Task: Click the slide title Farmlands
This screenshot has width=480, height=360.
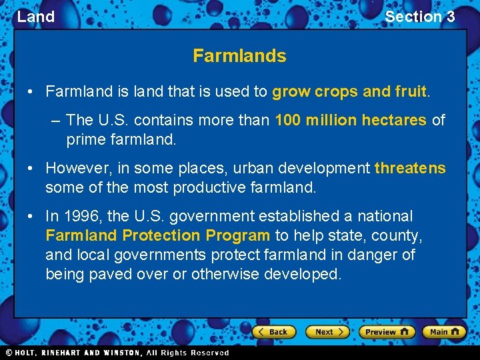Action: point(239,56)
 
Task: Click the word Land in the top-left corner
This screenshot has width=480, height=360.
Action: point(36,17)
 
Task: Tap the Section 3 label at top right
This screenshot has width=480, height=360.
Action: point(419,17)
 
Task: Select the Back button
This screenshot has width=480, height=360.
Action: point(273,331)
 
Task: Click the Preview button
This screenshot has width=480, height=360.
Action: point(387,331)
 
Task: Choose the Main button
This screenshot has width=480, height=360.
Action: point(445,331)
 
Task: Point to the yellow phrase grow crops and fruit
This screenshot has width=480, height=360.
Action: point(349,91)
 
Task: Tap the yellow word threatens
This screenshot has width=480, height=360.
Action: point(410,168)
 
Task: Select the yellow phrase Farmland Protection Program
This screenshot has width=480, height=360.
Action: point(157,235)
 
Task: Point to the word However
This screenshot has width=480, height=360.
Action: point(75,168)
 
